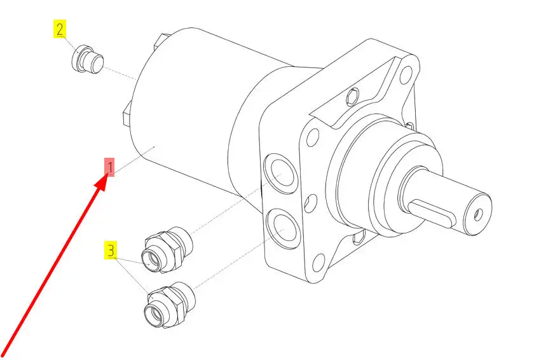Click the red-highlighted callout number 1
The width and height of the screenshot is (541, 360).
(110, 167)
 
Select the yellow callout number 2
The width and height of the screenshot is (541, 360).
(60, 29)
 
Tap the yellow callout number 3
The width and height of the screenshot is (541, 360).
(111, 250)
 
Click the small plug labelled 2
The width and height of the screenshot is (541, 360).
(87, 59)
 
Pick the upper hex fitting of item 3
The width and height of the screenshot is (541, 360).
(167, 249)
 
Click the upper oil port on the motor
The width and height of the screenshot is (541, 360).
(280, 174)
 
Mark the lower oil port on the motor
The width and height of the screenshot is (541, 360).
(284, 228)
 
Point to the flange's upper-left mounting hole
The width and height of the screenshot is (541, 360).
(313, 136)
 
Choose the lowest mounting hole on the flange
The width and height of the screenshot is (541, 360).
(318, 264)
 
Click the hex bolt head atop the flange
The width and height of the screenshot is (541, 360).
(353, 97)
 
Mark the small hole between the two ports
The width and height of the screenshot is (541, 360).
(311, 203)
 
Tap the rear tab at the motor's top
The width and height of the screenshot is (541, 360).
(160, 41)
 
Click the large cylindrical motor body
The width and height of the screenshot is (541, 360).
(193, 114)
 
